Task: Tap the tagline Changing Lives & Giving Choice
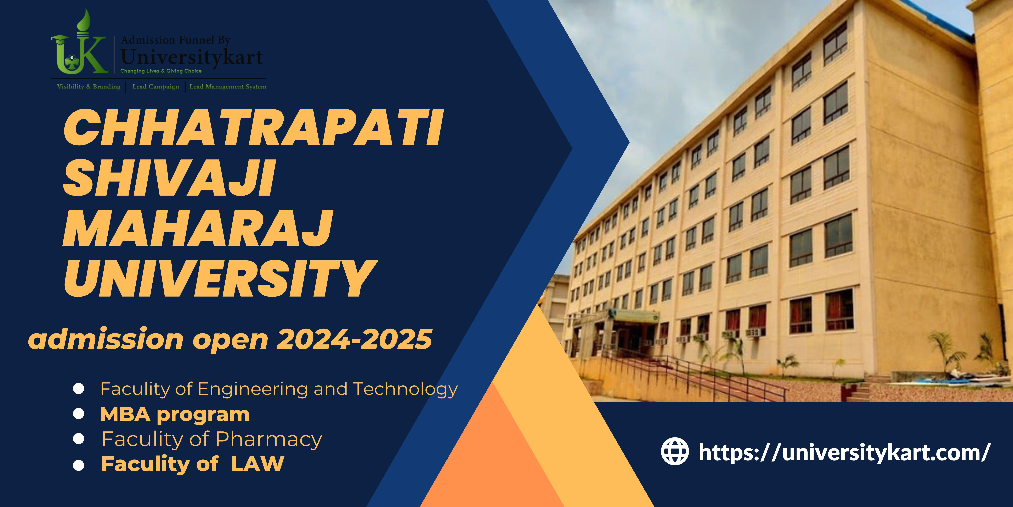coord(161,71)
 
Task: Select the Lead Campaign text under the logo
coord(156,87)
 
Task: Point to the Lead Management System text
coord(228,87)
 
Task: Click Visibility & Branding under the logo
coord(89,87)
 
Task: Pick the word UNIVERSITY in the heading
coord(220,278)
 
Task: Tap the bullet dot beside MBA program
coord(79,414)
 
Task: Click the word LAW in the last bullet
coord(258,464)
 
